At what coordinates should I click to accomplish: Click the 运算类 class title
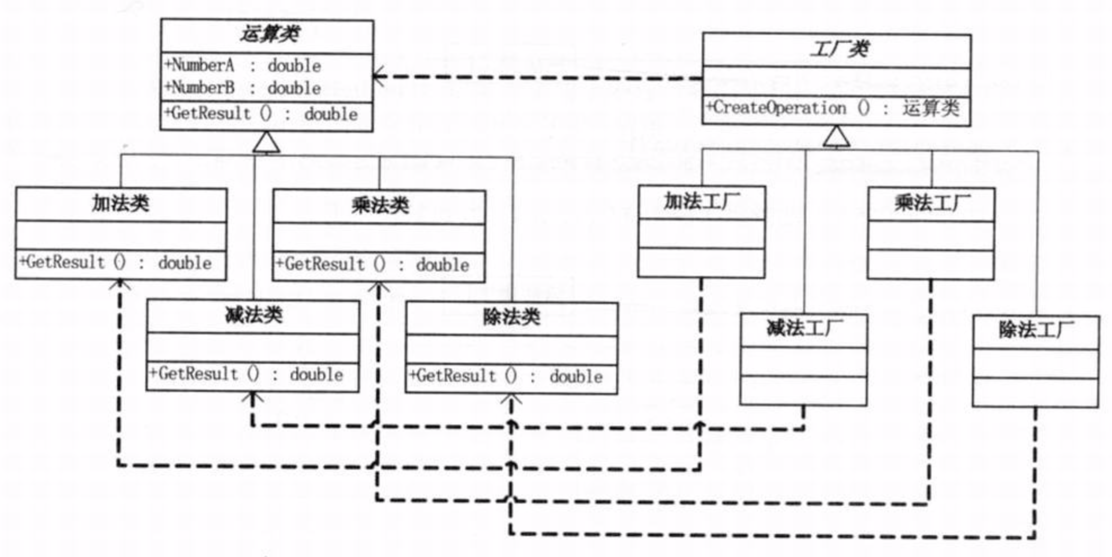tap(270, 35)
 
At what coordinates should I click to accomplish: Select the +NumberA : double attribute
tap(243, 65)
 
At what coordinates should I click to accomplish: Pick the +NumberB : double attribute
tap(243, 88)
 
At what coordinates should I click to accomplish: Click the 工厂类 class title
tap(839, 49)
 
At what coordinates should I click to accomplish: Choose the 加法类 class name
tap(120, 203)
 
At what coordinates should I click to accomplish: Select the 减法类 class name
tap(254, 315)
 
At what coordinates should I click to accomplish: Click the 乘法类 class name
tap(380, 205)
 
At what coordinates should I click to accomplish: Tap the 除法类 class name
tap(512, 318)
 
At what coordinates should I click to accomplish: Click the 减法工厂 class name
tap(804, 328)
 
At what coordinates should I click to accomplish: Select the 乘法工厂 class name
tap(932, 203)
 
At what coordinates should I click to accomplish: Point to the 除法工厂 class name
tap(1036, 330)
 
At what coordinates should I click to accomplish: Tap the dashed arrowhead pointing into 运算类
tap(379, 77)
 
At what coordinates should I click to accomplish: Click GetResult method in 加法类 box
tap(115, 262)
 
